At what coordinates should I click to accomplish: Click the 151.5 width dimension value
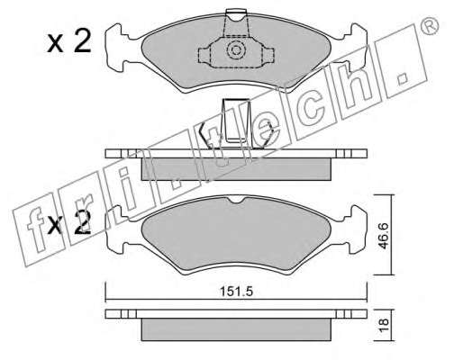coord(237,292)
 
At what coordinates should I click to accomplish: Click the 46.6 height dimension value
coord(384,236)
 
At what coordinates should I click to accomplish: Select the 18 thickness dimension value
coord(384,325)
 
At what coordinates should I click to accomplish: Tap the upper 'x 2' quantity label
coord(69,42)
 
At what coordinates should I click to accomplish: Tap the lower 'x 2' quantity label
coord(69,222)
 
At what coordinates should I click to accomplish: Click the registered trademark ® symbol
coord(430,26)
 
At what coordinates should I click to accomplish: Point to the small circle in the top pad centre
coord(235,49)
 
